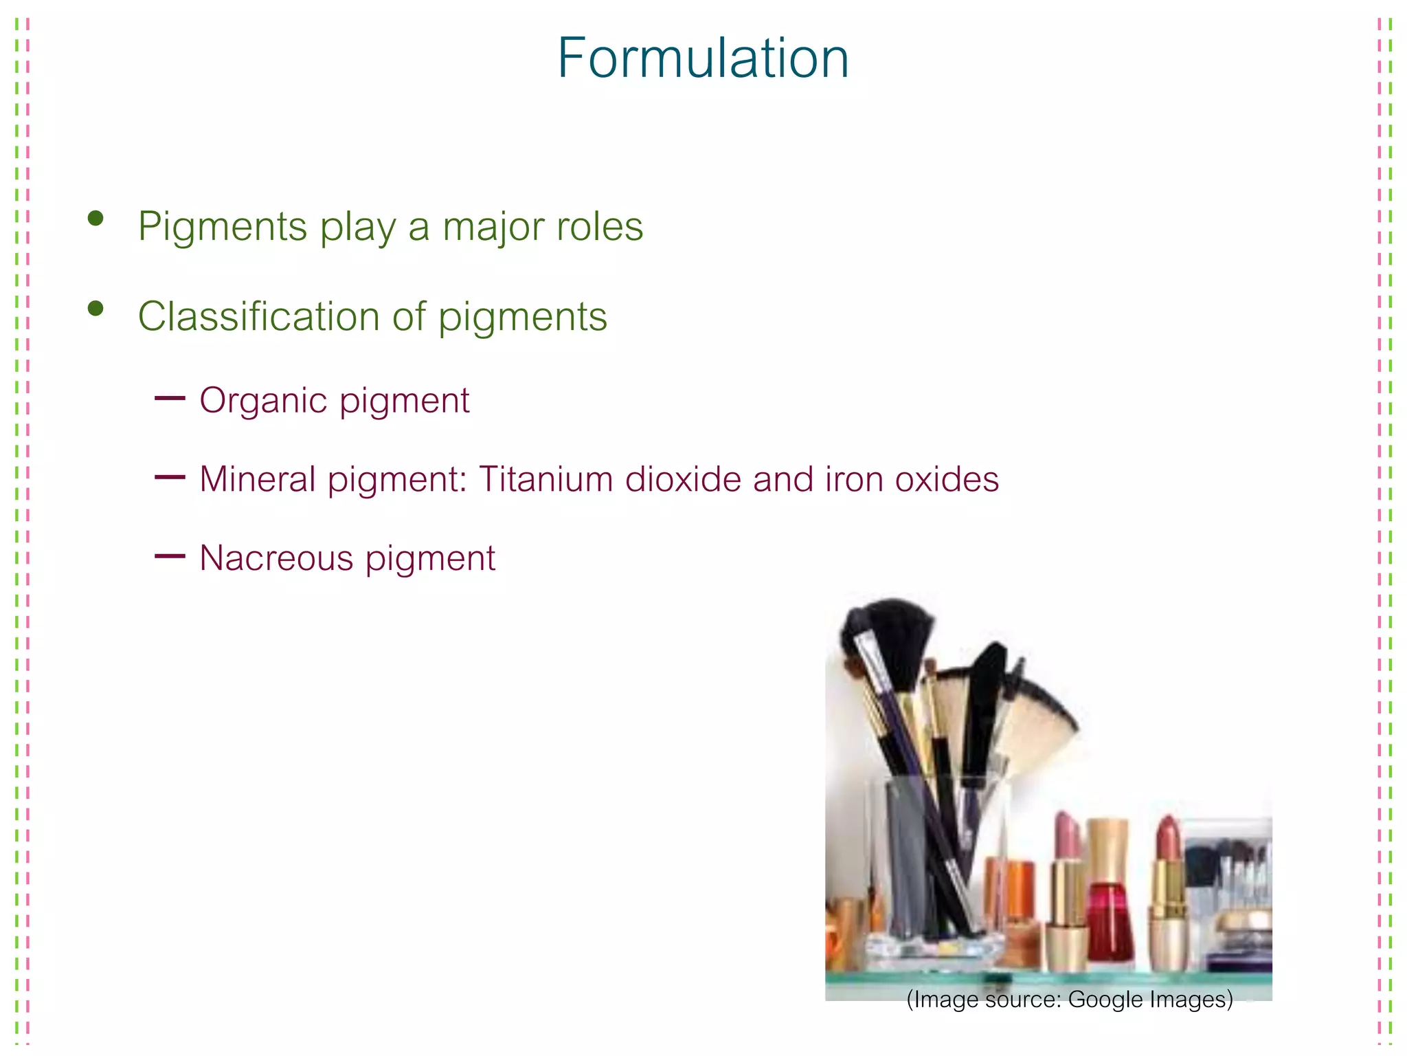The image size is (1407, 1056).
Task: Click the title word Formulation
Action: (x=703, y=59)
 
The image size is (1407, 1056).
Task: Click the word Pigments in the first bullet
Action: (x=222, y=227)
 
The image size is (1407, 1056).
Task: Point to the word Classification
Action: (x=258, y=316)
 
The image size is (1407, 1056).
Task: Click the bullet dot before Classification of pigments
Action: (x=95, y=309)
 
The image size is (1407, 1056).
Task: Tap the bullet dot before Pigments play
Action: (x=95, y=219)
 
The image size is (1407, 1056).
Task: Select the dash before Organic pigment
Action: (x=170, y=398)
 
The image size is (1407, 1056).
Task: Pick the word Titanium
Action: (x=546, y=479)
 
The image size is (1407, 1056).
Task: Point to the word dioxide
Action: (x=683, y=479)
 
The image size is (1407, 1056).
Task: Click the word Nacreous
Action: (x=276, y=558)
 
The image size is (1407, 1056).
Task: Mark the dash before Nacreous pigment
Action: (x=170, y=555)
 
